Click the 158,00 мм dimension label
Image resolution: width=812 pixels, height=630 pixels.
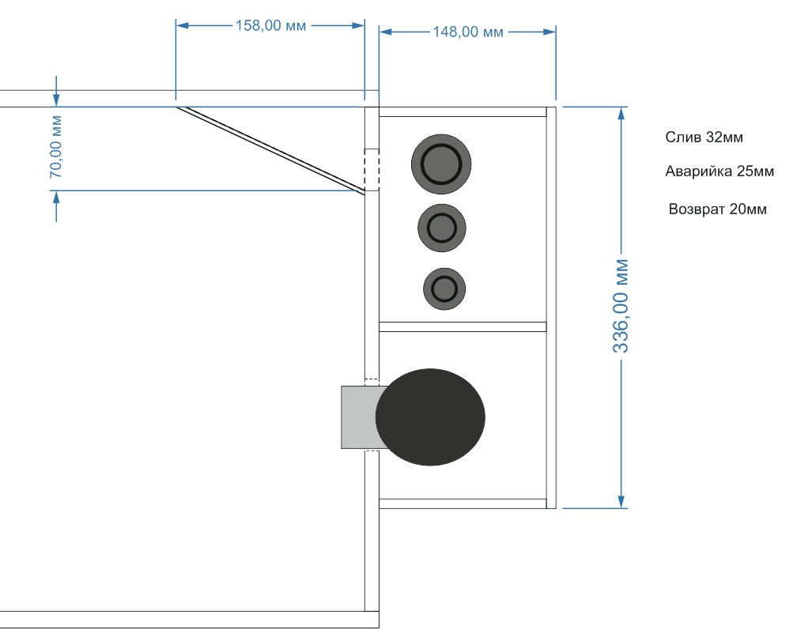270,25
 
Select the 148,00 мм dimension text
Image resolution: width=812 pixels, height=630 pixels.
467,32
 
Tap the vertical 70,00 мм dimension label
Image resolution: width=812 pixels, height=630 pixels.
56,147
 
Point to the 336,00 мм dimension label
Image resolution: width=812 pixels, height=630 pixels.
621,307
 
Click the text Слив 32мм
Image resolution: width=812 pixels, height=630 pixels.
704,138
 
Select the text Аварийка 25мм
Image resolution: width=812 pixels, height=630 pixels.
719,172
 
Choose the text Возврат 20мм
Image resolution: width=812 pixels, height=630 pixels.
717,209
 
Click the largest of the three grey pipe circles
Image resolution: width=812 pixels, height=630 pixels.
441,164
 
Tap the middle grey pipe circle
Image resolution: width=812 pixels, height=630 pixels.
442,228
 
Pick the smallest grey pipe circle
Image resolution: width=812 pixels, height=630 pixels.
444,289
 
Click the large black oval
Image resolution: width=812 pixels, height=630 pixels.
430,417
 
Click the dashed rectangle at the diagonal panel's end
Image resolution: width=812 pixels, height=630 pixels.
372,170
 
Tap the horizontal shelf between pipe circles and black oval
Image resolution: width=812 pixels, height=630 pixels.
463,326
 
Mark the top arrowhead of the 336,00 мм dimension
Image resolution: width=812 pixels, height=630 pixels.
621,113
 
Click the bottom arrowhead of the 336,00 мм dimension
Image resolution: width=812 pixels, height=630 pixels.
621,502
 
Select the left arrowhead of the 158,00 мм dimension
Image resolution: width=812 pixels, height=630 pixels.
183,25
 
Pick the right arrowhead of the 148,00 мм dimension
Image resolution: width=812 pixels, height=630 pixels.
550,32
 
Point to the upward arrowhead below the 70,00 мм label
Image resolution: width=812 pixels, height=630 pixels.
56,198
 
